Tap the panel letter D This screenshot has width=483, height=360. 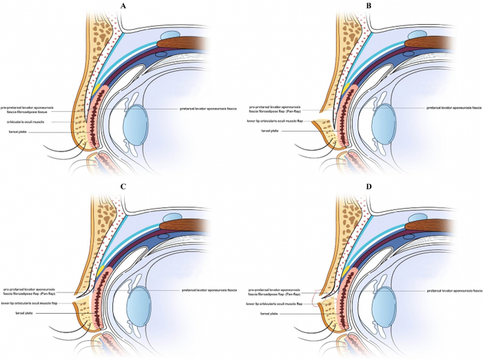[x=368, y=186]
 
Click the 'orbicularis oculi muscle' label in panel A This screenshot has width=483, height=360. [x=27, y=122]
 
